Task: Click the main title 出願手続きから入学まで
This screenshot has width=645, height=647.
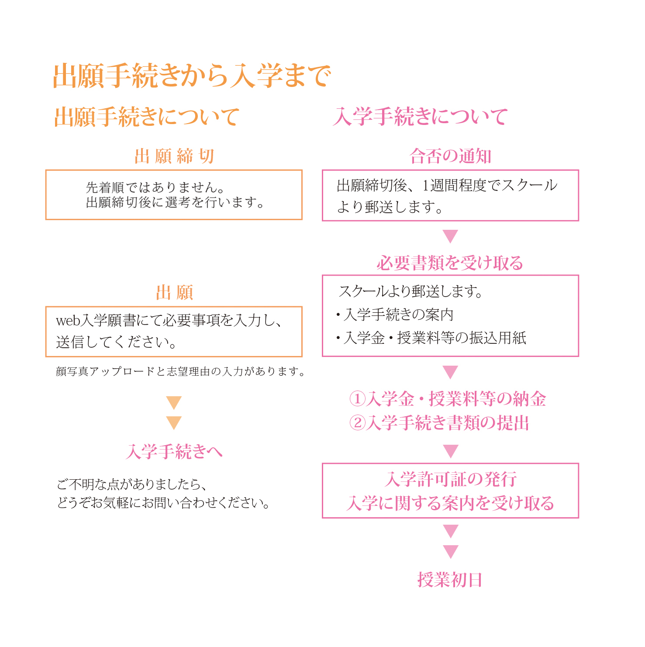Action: point(192,76)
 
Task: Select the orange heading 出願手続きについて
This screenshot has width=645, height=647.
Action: point(147,117)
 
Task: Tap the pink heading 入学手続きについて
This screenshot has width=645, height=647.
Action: point(420,117)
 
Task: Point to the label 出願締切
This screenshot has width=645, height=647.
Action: point(174,156)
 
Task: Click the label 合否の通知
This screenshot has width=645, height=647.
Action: point(450,156)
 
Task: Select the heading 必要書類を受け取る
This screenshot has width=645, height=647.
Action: point(450,263)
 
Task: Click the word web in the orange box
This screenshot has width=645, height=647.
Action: point(68,321)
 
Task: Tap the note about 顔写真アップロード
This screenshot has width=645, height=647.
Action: point(180,371)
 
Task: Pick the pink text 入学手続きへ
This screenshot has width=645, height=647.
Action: point(174,451)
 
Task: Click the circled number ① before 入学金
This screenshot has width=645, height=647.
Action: point(357,398)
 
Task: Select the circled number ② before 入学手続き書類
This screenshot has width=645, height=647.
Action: point(357,422)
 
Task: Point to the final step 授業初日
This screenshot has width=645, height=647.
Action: point(450,580)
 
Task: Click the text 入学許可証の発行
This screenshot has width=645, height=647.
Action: point(450,479)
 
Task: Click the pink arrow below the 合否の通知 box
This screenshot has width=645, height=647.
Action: point(450,236)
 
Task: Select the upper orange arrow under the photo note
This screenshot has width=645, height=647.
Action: point(174,402)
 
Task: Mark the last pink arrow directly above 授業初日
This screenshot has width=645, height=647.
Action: point(450,551)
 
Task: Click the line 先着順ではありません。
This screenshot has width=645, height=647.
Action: point(155,187)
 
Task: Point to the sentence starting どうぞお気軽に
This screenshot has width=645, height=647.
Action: point(163,503)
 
